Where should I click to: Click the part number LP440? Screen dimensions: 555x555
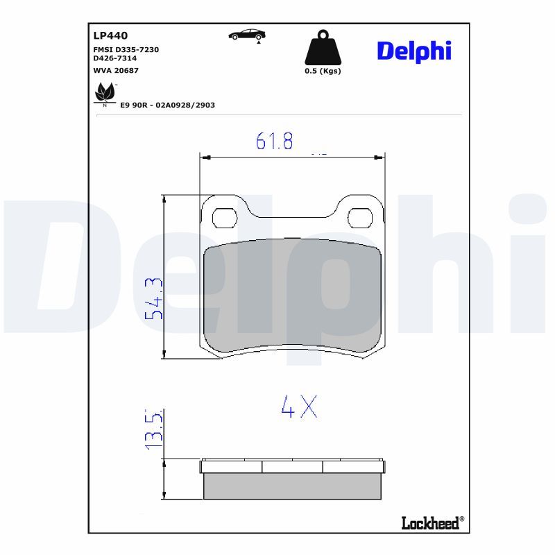(x=110, y=35)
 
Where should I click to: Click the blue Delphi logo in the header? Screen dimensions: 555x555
(x=413, y=50)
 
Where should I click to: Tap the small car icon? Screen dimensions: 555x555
(x=248, y=35)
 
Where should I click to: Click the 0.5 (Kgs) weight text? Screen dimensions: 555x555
(x=323, y=71)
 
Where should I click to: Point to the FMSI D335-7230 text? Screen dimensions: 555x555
(x=126, y=51)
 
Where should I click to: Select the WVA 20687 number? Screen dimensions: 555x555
(x=116, y=70)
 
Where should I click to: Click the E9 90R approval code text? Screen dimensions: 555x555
(x=167, y=105)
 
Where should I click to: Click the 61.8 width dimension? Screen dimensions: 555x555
(x=275, y=142)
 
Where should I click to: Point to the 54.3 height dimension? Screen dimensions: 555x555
(x=153, y=298)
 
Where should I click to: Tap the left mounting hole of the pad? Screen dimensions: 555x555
(x=224, y=218)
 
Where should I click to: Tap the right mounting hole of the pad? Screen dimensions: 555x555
(x=360, y=218)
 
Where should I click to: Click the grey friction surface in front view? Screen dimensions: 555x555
(x=292, y=295)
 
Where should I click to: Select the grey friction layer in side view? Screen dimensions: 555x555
(x=292, y=486)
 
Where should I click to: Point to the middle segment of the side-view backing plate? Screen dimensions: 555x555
(x=292, y=466)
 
